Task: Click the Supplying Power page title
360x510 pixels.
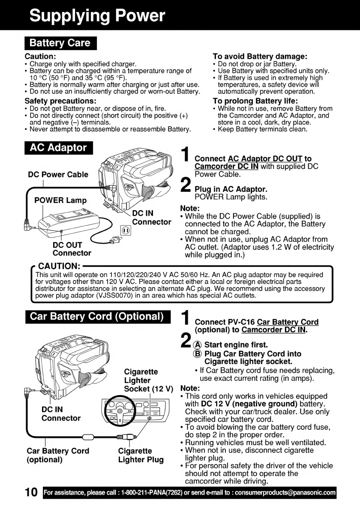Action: click(97, 16)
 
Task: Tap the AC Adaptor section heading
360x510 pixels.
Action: click(58, 148)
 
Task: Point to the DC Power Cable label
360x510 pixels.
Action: click(58, 175)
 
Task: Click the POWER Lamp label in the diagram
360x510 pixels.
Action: click(60, 200)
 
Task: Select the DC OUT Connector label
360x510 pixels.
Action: click(68, 249)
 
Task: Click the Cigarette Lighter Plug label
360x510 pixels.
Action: click(141, 455)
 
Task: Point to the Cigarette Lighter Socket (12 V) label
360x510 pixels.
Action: click(147, 380)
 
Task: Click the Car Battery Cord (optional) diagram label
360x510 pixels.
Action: click(58, 455)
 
